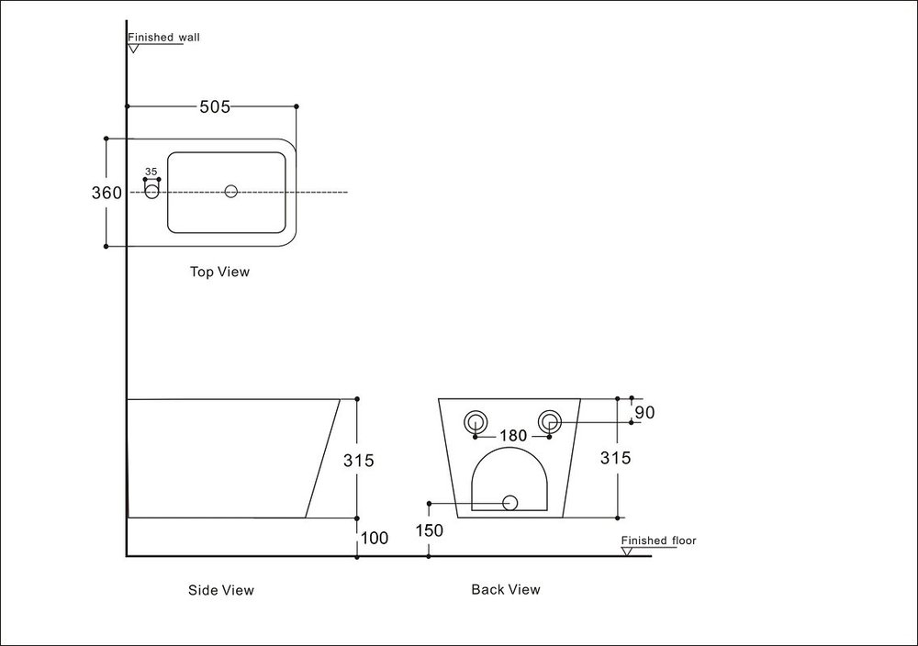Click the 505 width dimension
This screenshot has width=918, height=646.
[x=214, y=106]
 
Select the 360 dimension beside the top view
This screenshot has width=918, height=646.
[x=107, y=193]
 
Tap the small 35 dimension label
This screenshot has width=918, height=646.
[x=151, y=172]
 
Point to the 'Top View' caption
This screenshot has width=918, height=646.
[x=219, y=272]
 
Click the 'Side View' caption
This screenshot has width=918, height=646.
[x=220, y=590]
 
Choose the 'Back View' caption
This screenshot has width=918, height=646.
[x=506, y=589]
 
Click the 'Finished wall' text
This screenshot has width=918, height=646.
[x=163, y=38]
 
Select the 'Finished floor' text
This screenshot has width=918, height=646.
[x=658, y=540]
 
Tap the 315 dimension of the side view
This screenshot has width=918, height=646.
[x=358, y=461]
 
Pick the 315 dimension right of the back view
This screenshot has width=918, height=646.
[x=615, y=458]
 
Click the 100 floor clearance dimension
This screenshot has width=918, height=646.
[x=374, y=538]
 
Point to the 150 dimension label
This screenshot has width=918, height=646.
[x=429, y=530]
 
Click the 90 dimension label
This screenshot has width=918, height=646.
[x=644, y=413]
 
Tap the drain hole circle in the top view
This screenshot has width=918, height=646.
[x=231, y=191]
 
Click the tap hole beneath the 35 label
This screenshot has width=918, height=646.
[x=152, y=191]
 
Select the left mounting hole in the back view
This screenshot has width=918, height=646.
[x=475, y=421]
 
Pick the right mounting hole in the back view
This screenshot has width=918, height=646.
[x=550, y=421]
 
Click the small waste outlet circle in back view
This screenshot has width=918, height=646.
[x=509, y=502]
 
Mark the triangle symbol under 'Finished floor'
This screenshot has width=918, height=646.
[x=628, y=551]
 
